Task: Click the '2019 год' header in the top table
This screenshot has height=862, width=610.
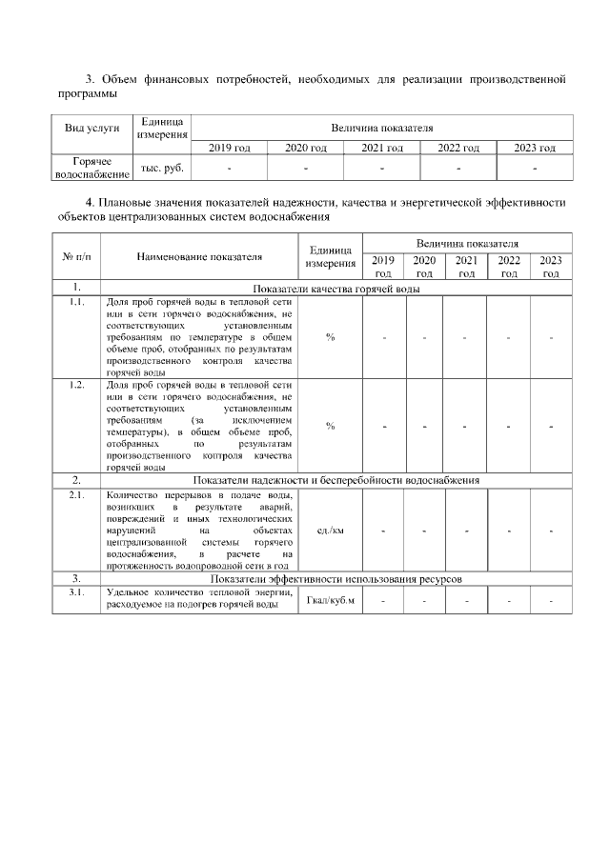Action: [x=229, y=148]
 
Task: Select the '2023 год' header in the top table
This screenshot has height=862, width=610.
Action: [x=534, y=148]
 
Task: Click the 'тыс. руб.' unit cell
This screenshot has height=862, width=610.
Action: [x=162, y=167]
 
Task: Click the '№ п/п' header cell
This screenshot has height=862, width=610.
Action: [x=75, y=256]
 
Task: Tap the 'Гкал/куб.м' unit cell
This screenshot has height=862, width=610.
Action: [x=331, y=601]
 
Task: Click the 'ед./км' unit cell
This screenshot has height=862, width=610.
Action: [x=331, y=530]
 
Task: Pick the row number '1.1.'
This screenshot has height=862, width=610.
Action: [x=75, y=302]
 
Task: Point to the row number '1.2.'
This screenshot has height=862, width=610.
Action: [x=75, y=385]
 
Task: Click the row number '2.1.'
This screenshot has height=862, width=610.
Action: [x=75, y=495]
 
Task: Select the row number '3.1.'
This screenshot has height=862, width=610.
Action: [x=75, y=592]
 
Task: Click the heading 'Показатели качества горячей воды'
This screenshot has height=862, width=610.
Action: [x=336, y=289]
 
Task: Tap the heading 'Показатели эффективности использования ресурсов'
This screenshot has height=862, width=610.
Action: [x=336, y=578]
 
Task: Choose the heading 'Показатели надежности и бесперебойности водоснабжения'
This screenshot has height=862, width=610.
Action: [x=336, y=480]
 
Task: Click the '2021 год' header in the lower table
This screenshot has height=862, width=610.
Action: [x=466, y=266]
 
